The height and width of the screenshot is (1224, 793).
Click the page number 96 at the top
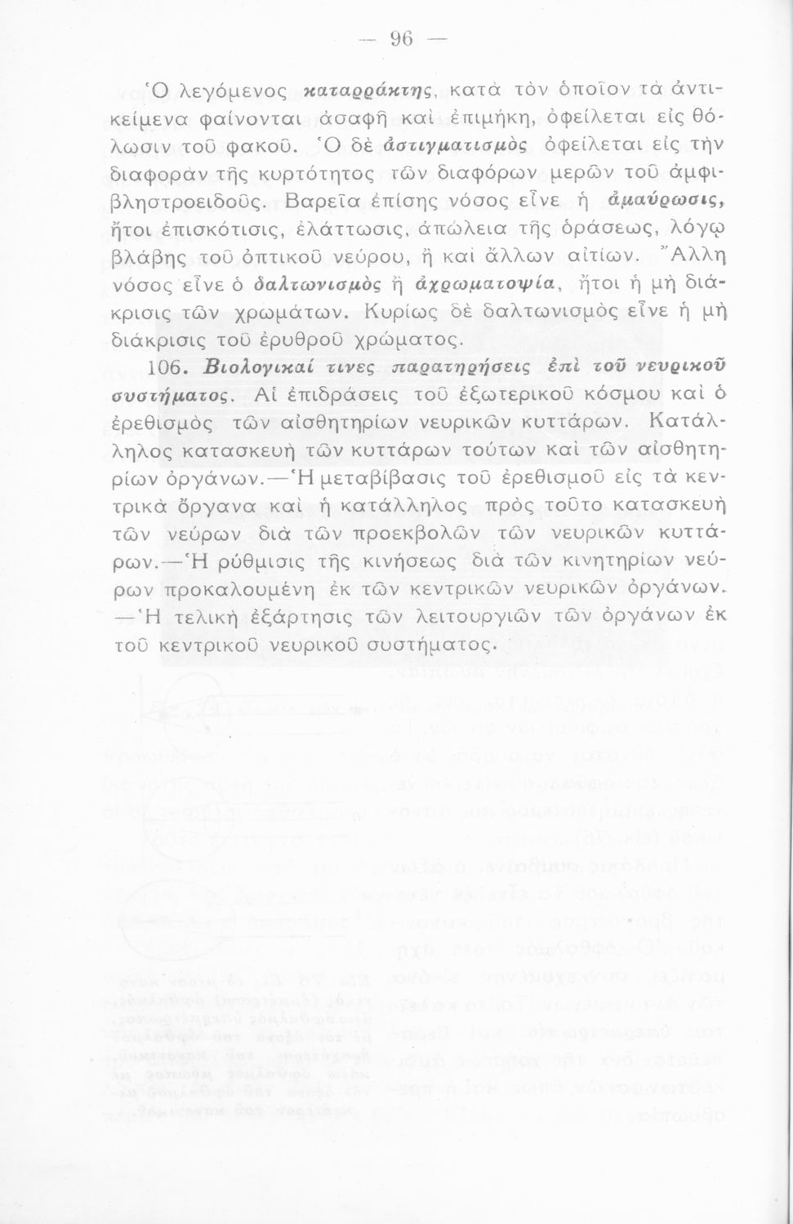(x=401, y=38)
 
